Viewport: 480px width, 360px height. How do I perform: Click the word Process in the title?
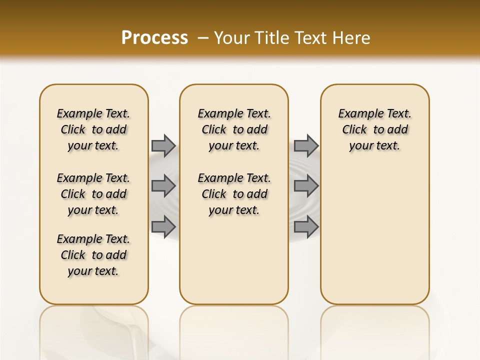(x=154, y=38)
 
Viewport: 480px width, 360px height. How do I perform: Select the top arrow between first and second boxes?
(x=163, y=145)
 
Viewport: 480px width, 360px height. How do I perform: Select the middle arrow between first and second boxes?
(x=163, y=186)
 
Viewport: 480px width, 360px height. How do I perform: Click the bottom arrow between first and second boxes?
(x=163, y=226)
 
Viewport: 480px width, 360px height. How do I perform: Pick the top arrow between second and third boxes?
(x=306, y=145)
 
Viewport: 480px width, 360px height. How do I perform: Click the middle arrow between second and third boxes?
(x=306, y=186)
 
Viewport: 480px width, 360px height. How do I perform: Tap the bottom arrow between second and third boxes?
(x=306, y=226)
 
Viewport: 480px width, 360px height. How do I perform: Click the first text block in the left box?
(x=93, y=129)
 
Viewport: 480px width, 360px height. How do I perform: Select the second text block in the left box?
(x=93, y=194)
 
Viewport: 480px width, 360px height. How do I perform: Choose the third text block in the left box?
(x=93, y=255)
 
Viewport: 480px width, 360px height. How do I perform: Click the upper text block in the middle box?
(x=234, y=129)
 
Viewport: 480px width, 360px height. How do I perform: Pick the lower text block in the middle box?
(x=234, y=194)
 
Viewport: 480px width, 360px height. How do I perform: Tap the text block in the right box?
(x=374, y=129)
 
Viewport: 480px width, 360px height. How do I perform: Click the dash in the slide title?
(x=203, y=38)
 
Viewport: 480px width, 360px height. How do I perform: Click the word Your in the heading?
(x=231, y=38)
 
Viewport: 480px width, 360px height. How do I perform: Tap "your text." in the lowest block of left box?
(x=93, y=271)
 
